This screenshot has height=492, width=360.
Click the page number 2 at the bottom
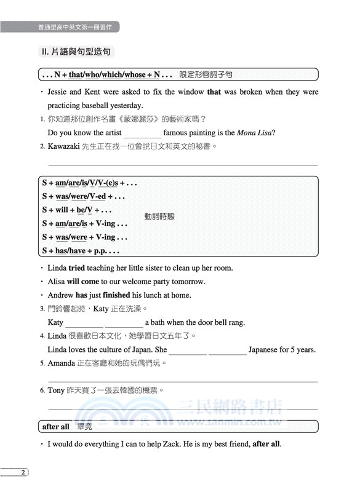[22, 472]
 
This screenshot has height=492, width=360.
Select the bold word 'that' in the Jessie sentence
[214, 92]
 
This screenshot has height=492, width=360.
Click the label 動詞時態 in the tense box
[159, 216]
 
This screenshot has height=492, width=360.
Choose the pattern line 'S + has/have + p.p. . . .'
[81, 250]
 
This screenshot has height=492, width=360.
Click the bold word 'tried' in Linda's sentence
[76, 268]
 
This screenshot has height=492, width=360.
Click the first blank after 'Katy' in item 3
[84, 323]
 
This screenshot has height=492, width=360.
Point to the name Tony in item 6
[56, 390]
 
